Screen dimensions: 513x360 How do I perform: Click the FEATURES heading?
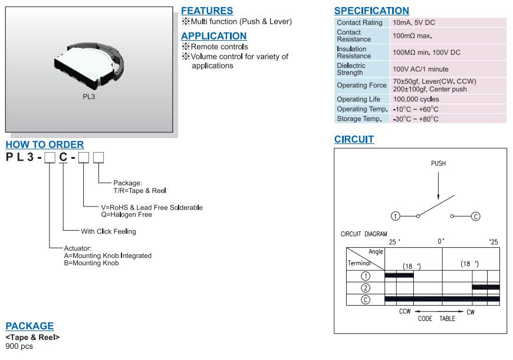tap(207, 11)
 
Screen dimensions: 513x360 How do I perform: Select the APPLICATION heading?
tap(214, 36)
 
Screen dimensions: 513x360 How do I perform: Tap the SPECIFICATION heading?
tap(371, 11)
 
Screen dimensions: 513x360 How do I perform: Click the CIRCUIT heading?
tap(354, 139)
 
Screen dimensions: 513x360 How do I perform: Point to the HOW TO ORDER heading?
tap(45, 145)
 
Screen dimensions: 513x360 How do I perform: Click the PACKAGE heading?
tap(29, 326)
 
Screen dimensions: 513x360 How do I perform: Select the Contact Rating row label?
tap(360, 22)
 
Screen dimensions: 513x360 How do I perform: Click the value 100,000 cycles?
tap(416, 99)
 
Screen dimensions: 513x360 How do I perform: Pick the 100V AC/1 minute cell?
tap(421, 69)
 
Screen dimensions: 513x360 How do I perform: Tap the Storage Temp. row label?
tap(359, 119)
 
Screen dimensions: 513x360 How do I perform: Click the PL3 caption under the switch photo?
tap(88, 97)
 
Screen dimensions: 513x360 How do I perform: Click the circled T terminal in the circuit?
tap(396, 216)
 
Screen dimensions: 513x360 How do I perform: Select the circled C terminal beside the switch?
tap(476, 216)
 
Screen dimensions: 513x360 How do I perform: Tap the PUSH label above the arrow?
tap(438, 163)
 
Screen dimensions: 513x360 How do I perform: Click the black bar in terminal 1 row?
tap(399, 275)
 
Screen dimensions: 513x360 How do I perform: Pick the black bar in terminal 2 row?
tap(486, 287)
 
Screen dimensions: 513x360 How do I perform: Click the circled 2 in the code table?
tap(366, 288)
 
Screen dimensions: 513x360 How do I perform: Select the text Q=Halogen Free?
tap(127, 215)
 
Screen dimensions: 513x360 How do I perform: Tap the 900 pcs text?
tap(19, 346)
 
